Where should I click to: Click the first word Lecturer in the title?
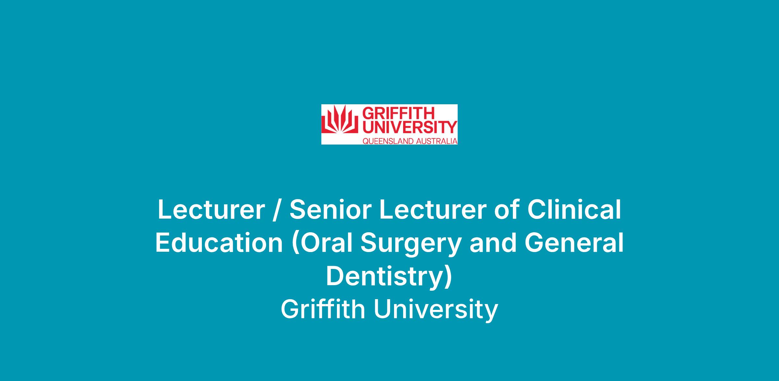click(x=211, y=210)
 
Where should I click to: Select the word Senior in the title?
click(x=330, y=210)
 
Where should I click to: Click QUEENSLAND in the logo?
click(x=388, y=141)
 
